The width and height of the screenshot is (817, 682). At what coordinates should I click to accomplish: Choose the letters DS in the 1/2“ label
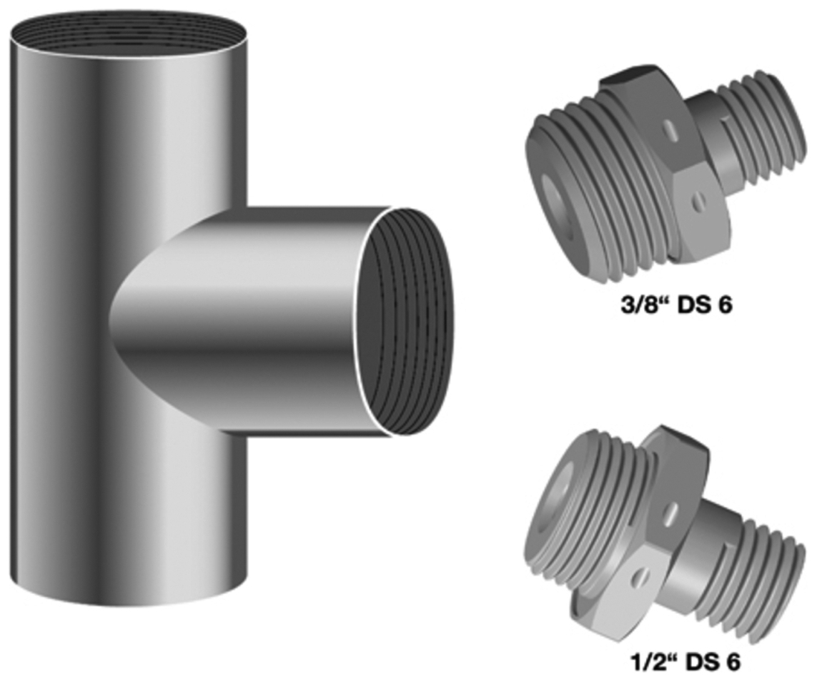[699, 661]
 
